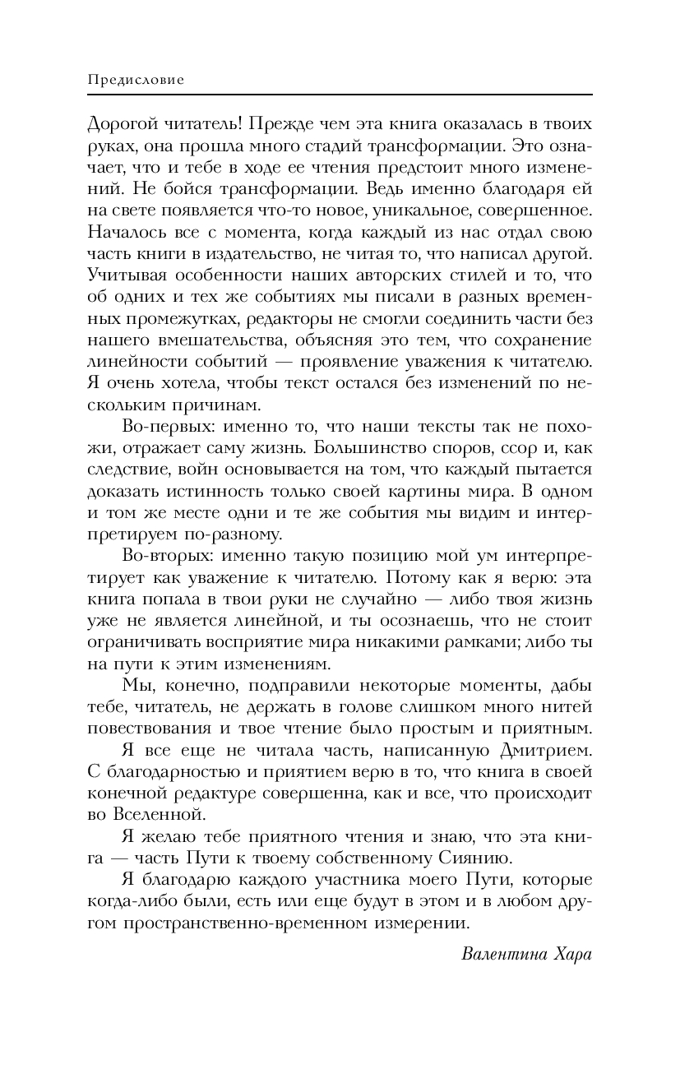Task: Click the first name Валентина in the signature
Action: pos(501,955)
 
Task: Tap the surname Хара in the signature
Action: pos(571,955)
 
